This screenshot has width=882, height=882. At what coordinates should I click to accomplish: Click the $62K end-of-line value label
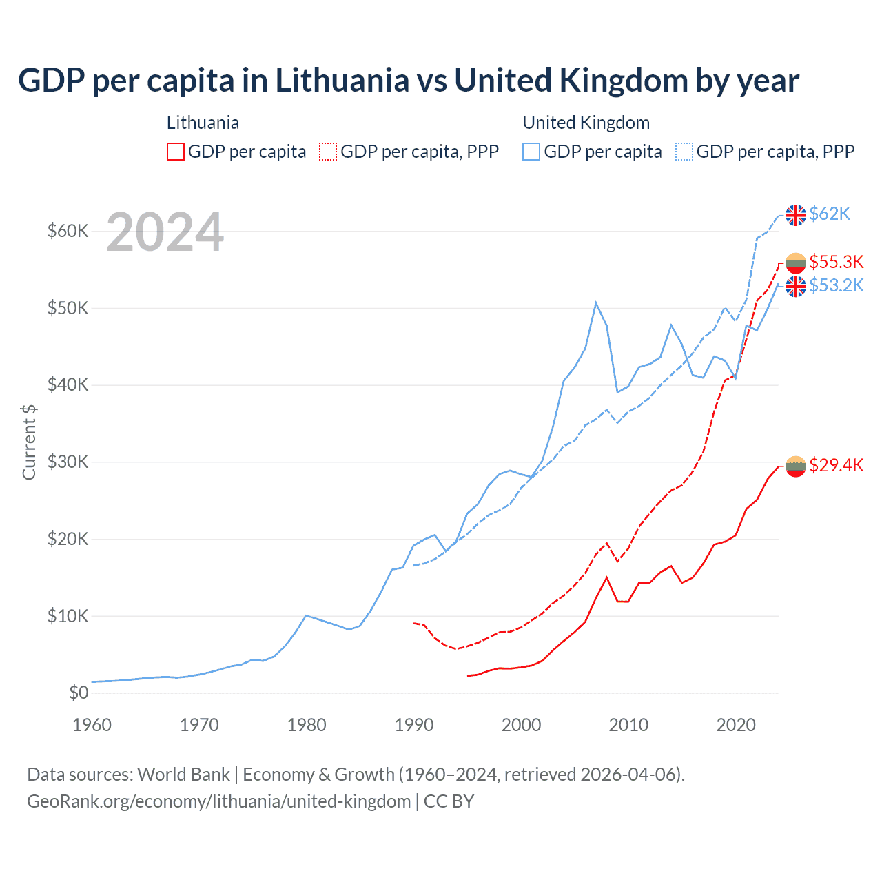pos(830,214)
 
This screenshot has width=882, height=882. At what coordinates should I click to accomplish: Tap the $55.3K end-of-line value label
pos(836,262)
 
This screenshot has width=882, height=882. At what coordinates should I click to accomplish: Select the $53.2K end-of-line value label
pos(836,285)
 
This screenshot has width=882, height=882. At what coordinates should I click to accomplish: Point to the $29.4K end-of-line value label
pos(836,465)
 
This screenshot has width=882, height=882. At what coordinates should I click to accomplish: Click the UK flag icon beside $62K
pos(796,215)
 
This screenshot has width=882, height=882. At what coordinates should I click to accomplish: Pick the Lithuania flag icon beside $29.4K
pos(796,466)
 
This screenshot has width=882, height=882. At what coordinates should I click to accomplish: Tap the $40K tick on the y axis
pos(68,384)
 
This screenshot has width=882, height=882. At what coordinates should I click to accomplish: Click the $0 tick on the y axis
pos(79,693)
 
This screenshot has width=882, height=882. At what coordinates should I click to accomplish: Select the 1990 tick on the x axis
pos(414,725)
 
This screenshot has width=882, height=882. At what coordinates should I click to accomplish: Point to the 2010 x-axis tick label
pos(628,725)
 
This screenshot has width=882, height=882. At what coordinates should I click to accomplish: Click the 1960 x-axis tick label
pos(92,725)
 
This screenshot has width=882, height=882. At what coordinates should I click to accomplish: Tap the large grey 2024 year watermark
pos(165,233)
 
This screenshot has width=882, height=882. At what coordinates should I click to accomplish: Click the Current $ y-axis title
pos(29,442)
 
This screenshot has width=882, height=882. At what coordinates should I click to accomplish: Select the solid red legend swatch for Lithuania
pos(176,152)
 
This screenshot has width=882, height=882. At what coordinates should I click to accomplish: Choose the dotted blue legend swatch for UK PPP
pos(684,152)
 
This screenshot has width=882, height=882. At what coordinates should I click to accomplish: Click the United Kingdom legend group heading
pos(586,123)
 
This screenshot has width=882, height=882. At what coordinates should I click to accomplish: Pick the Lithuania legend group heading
pos(203,123)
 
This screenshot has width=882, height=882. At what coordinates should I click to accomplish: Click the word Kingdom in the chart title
pos(623,81)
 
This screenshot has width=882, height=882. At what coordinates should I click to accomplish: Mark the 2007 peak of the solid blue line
pos(596,302)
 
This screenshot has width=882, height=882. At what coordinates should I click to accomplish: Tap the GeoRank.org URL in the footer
pos(218,801)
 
